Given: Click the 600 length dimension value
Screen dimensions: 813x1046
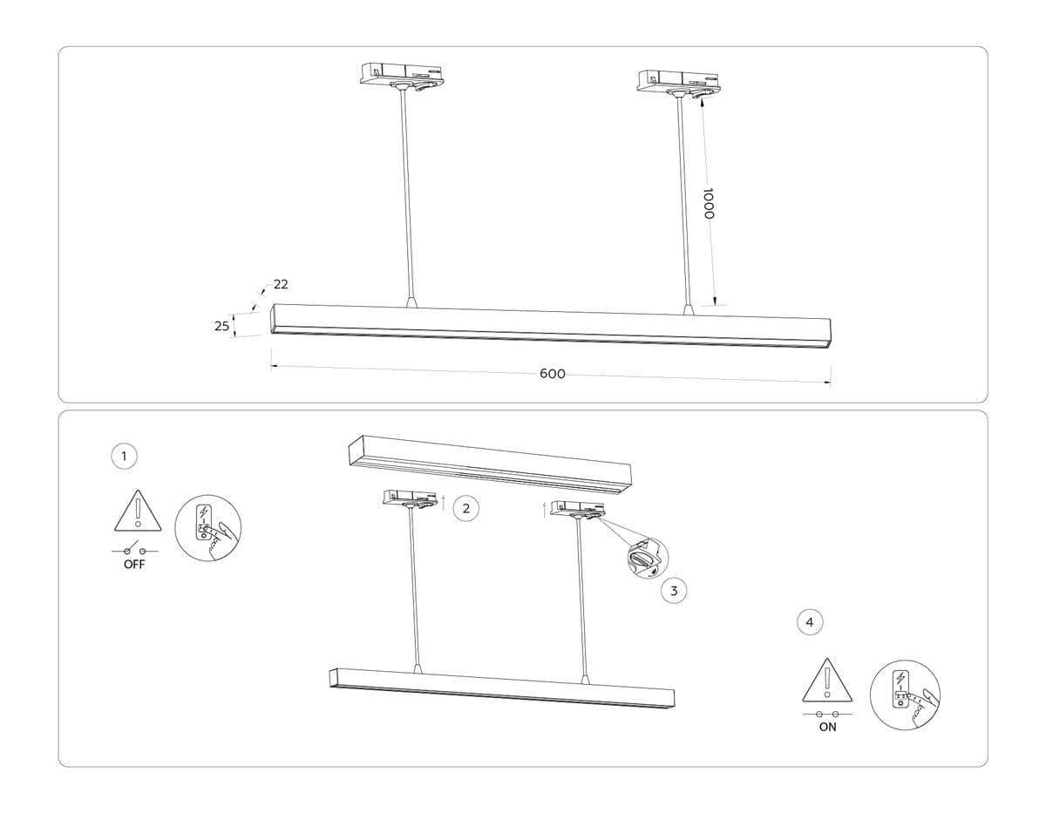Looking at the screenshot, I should coord(552,374).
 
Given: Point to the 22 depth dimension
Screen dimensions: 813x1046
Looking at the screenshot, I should coord(281,284).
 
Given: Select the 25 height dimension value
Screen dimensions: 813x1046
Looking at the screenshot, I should coord(221,326).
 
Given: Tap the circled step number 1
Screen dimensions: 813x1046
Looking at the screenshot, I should coord(125,455).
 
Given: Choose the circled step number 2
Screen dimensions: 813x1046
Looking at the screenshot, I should coord(467,509).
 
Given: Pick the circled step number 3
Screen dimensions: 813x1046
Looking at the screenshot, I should coord(673,591).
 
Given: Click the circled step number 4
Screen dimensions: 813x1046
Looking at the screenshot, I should coord(810,622).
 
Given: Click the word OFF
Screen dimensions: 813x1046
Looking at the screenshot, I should coord(134,565).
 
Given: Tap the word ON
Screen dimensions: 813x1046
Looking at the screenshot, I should coord(827,727).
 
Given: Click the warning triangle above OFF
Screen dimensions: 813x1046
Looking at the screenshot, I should coord(138,512).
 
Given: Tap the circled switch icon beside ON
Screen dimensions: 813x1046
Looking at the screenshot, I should coord(905,694).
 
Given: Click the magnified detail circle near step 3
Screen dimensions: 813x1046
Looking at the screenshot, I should coord(645,558).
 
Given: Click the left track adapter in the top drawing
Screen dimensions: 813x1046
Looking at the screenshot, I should coord(403,75).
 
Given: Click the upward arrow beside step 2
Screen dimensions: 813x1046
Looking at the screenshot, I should coord(445,502).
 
